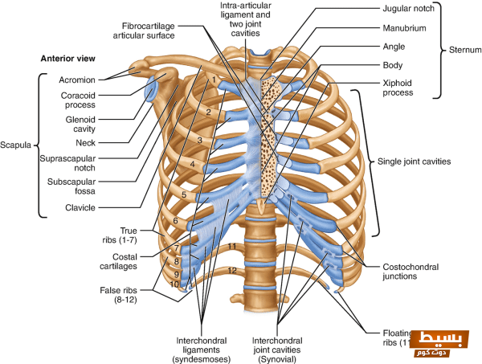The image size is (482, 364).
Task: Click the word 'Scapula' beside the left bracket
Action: tap(15, 146)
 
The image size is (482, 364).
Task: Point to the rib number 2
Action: tap(207, 112)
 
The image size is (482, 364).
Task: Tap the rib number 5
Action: tap(184, 194)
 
